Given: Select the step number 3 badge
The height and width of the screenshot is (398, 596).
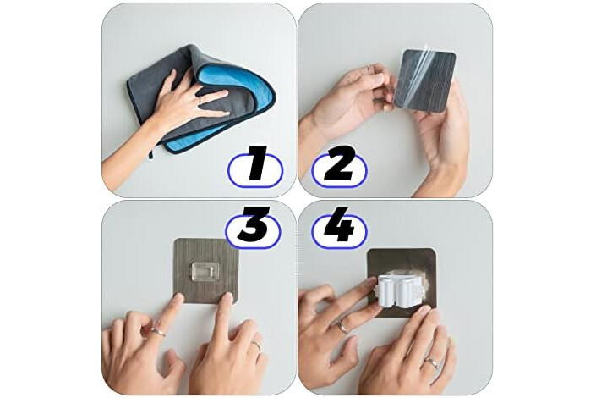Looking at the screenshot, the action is [x=253, y=228].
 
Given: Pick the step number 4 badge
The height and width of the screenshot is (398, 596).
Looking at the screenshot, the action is [x=339, y=228].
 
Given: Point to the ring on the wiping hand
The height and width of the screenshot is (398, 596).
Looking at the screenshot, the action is [x=199, y=100].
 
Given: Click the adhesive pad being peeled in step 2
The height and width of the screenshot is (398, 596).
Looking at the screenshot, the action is [x=425, y=81].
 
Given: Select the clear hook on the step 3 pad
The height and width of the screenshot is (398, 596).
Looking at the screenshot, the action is [x=205, y=272].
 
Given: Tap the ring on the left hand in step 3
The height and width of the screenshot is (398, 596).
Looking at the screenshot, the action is [x=158, y=332].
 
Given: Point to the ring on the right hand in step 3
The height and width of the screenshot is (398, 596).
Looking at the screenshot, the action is [x=257, y=345].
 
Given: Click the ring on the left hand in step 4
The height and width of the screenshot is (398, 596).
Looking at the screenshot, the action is [x=342, y=326].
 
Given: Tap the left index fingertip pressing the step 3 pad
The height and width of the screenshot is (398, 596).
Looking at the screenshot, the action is [x=176, y=299].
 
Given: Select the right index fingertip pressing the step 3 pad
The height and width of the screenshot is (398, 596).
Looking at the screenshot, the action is [x=227, y=298].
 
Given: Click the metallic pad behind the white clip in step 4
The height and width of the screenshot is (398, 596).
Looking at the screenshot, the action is [x=402, y=263].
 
